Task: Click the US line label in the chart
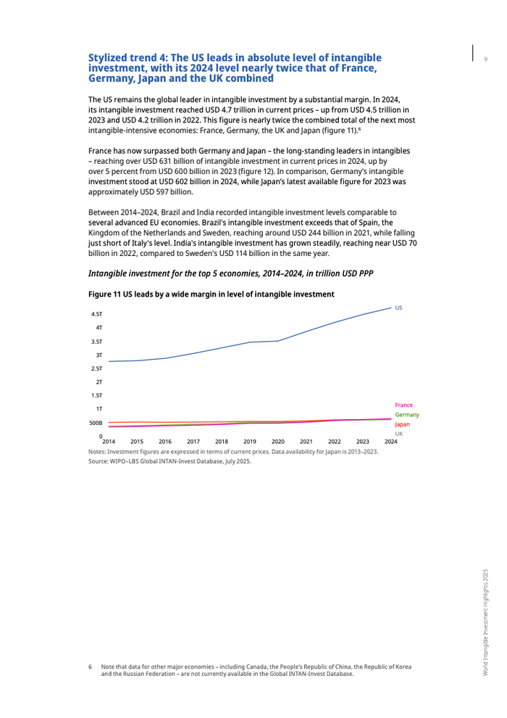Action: (x=398, y=308)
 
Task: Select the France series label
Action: (x=403, y=405)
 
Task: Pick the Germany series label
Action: (x=406, y=414)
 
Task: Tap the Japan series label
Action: (x=403, y=424)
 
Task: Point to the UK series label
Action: (x=399, y=433)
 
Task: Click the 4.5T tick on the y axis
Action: (x=96, y=314)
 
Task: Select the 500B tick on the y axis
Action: (x=96, y=423)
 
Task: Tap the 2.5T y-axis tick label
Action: (x=96, y=368)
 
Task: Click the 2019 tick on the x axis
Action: (x=250, y=441)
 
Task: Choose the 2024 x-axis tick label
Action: (x=391, y=441)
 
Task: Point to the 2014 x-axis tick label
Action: (x=109, y=441)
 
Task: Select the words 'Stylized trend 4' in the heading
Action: (x=126, y=57)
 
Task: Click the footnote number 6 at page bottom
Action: (x=91, y=667)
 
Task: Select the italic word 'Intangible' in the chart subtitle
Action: (x=110, y=273)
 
